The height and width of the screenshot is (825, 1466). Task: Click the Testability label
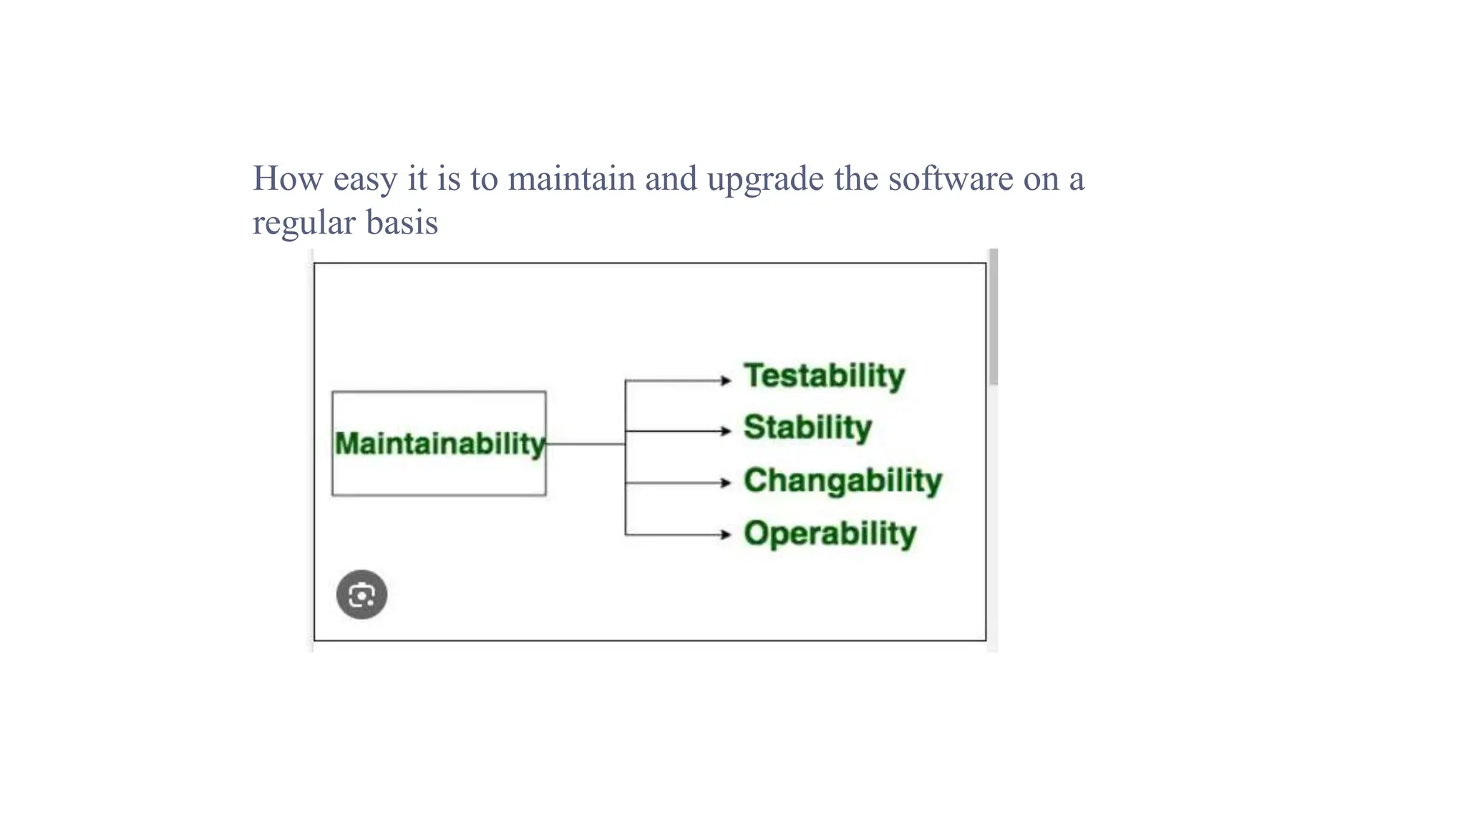point(824,376)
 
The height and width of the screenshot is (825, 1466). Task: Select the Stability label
point(807,428)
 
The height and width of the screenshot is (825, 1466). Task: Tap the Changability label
point(843,481)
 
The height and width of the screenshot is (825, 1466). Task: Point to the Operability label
point(830,534)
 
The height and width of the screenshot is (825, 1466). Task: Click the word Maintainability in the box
point(440,444)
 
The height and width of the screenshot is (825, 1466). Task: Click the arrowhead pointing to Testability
point(726,380)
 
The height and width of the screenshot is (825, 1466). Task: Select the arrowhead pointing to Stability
point(726,431)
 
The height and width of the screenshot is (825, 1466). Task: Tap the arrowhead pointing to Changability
point(726,483)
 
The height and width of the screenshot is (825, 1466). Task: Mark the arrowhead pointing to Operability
point(726,534)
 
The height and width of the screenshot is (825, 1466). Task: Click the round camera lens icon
point(361,594)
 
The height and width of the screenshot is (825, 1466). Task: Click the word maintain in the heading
point(571,178)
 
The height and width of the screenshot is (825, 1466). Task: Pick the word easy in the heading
point(365,180)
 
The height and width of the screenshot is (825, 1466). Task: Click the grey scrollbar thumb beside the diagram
point(993,317)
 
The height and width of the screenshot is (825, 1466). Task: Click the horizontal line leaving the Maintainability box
point(586,444)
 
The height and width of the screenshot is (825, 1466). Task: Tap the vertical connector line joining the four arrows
point(626,458)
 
